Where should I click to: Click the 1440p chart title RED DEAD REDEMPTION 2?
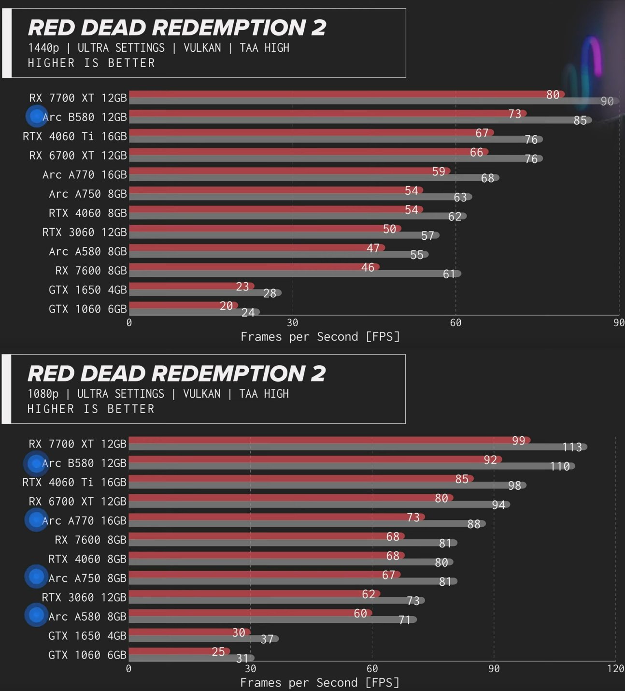pyautogui.click(x=177, y=28)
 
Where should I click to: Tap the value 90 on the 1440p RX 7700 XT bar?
pyautogui.click(x=607, y=101)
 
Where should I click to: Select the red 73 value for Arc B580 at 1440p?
pyautogui.click(x=514, y=114)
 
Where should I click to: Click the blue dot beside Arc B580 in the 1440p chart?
pyautogui.click(x=36, y=116)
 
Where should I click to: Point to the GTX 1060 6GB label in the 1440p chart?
pyautogui.click(x=87, y=309)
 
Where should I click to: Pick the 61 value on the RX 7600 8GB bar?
pyautogui.click(x=449, y=274)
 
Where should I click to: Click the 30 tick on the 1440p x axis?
pyautogui.click(x=292, y=323)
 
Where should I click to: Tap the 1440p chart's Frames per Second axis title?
pyautogui.click(x=320, y=337)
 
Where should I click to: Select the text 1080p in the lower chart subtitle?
pyautogui.click(x=43, y=394)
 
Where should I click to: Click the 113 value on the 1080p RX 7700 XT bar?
pyautogui.click(x=572, y=447)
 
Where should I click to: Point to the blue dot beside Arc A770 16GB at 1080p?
pyautogui.click(x=36, y=519)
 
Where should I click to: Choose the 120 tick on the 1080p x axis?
pyautogui.click(x=615, y=669)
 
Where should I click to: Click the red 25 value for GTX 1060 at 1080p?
pyautogui.click(x=218, y=652)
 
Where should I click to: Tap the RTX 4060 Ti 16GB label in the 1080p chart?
pyautogui.click(x=74, y=482)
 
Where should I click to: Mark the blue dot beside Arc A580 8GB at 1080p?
pyautogui.click(x=36, y=615)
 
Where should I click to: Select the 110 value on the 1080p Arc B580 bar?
pyautogui.click(x=560, y=466)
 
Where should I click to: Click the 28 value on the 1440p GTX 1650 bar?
pyautogui.click(x=270, y=293)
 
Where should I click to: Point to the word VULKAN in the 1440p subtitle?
pyautogui.click(x=202, y=48)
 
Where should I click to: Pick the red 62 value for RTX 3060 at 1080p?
pyautogui.click(x=369, y=594)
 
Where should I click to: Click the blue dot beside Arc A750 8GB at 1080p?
pyautogui.click(x=36, y=576)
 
